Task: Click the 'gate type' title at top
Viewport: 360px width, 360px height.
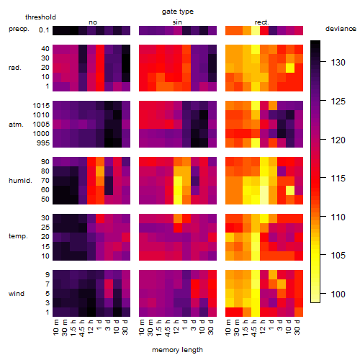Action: (178, 12)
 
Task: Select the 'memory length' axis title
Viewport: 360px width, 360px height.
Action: (177, 350)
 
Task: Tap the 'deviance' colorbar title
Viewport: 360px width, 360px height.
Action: (341, 29)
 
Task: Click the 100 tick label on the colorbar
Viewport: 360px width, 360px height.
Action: (338, 294)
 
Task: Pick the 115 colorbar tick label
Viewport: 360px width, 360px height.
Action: (338, 179)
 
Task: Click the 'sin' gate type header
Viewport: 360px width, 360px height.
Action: (177, 22)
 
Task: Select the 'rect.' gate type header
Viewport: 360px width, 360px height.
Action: (261, 22)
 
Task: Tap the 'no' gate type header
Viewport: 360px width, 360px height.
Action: (93, 22)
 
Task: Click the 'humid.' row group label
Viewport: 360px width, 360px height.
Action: (20, 181)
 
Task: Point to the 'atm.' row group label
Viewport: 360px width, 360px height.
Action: (16, 125)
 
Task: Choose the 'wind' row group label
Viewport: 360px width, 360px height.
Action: (17, 294)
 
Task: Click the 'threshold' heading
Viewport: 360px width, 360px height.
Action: (40, 17)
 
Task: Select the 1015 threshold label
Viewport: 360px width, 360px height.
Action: (41, 106)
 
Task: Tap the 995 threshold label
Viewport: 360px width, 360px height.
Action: (43, 143)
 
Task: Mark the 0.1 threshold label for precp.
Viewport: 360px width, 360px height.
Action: (44, 30)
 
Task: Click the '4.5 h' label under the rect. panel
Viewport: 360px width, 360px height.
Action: (253, 328)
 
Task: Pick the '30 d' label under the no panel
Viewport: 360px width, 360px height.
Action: (125, 327)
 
